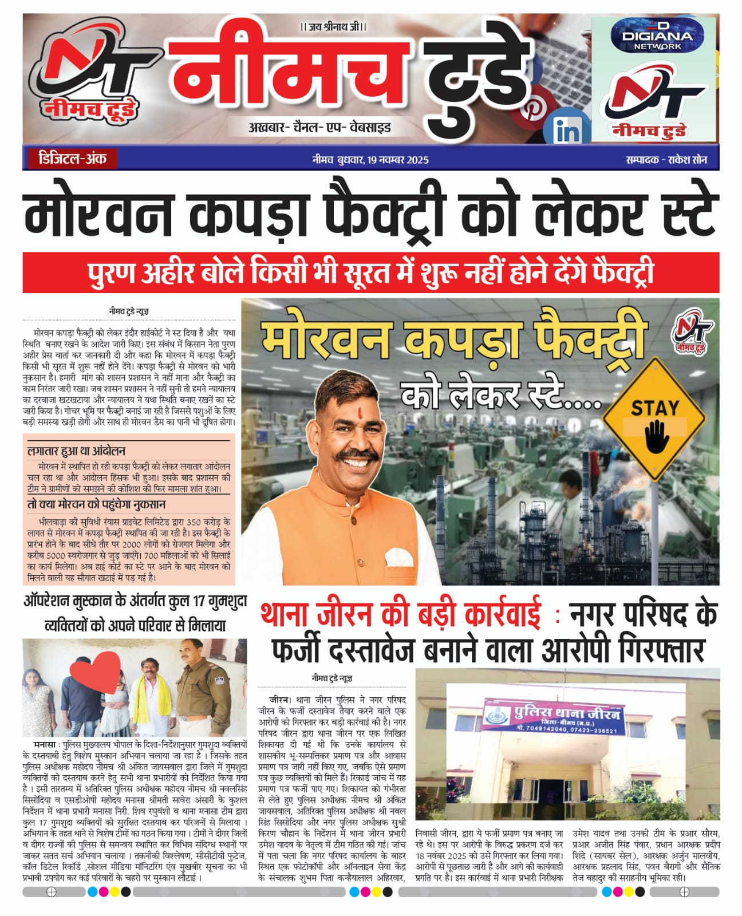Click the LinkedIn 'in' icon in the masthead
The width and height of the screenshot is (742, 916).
567,131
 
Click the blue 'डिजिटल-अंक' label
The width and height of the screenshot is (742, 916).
72,159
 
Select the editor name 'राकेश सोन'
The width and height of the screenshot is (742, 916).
687,160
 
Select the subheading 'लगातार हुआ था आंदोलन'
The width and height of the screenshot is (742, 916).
76,451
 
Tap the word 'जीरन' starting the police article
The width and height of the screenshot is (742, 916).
279,700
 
